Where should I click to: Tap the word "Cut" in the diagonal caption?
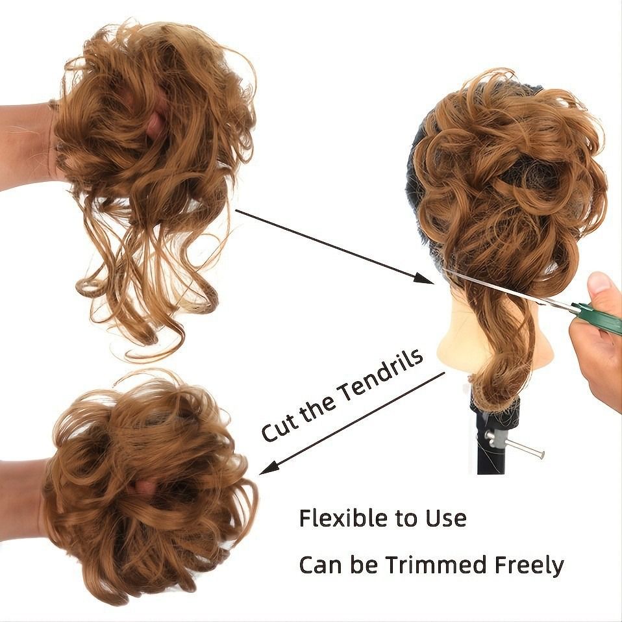click(279, 426)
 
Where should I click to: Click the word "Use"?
click(446, 518)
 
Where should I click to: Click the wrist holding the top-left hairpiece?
click(26, 146)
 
